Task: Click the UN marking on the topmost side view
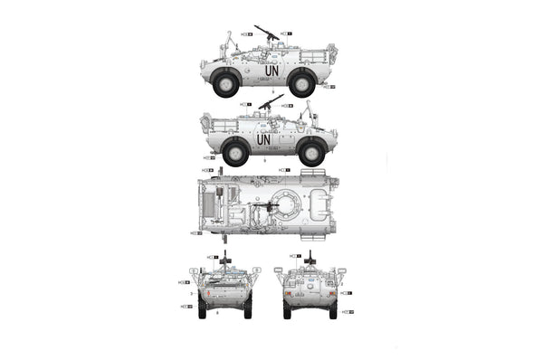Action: pos(271,70)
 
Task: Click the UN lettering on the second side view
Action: pos(263,139)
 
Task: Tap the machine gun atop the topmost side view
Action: pos(268,33)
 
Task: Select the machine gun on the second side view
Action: pos(271,101)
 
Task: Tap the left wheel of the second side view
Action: pos(235,153)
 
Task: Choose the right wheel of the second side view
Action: pos(312,153)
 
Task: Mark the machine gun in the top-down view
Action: pos(264,207)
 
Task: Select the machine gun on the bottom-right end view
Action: pos(310,259)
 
